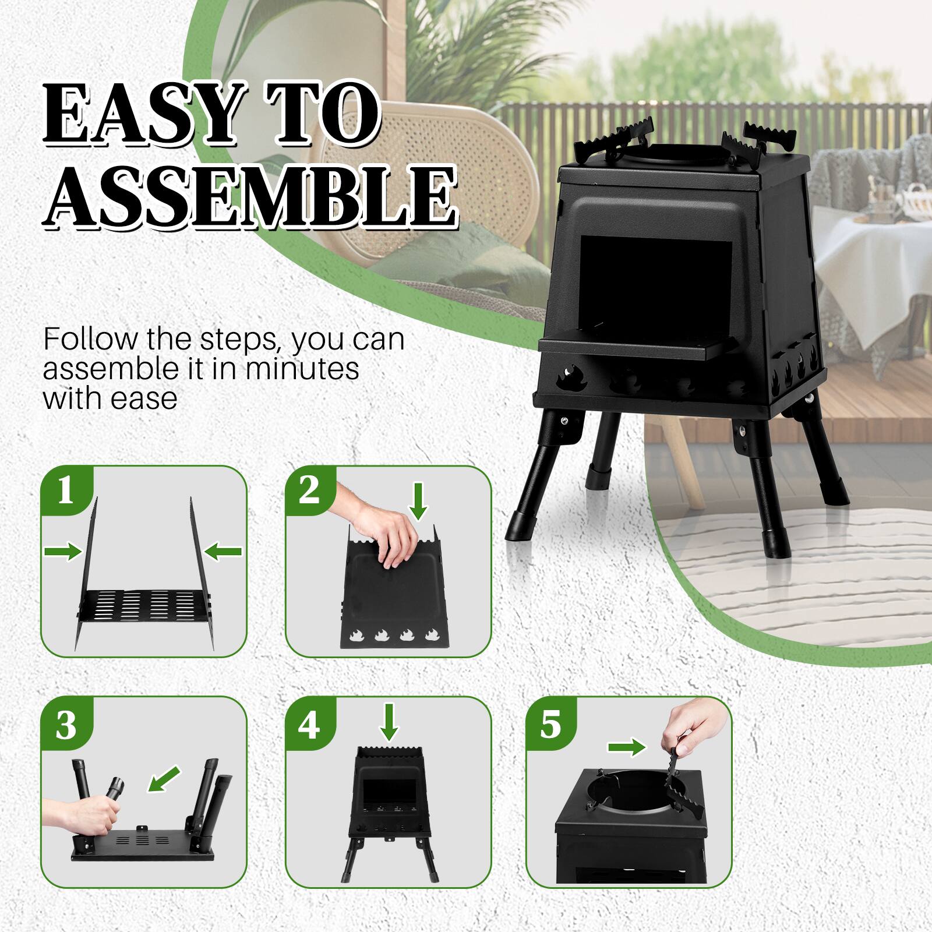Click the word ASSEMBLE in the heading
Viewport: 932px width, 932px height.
point(248,198)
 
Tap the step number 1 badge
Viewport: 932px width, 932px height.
point(65,491)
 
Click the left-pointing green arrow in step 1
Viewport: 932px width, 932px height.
point(224,551)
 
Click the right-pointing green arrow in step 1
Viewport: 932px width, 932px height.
point(63,551)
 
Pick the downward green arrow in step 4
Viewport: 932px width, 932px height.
point(389,724)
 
